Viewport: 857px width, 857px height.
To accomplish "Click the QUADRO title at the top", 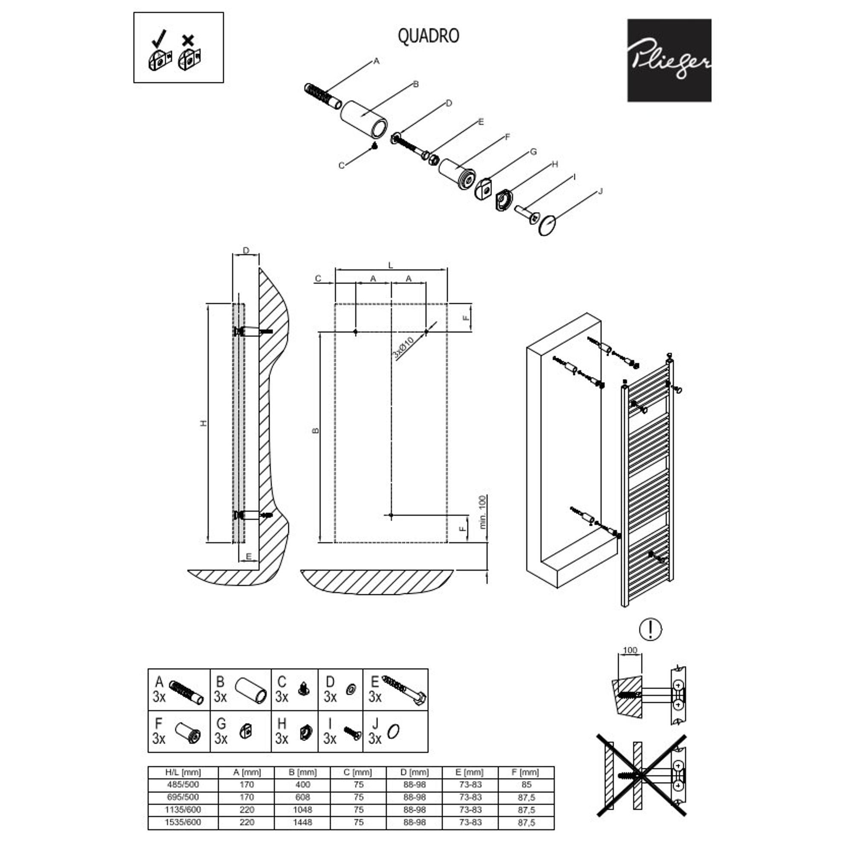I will [x=428, y=36].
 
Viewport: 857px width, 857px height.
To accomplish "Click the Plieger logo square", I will [x=668, y=60].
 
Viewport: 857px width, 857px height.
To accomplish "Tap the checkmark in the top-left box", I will [x=159, y=38].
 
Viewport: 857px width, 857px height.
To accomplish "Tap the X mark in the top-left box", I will [x=188, y=40].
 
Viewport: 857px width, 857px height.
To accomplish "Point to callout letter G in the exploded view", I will [x=533, y=152].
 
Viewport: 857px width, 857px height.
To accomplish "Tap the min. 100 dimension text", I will [x=483, y=512].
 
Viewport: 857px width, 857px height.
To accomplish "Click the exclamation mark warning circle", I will [x=650, y=629].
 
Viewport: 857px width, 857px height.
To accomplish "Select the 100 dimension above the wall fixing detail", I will [x=630, y=650].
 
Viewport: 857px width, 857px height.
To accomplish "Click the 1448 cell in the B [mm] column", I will [x=303, y=822].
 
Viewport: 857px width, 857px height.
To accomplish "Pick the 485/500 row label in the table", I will [x=183, y=784].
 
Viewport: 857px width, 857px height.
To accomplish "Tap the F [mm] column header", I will [x=526, y=772].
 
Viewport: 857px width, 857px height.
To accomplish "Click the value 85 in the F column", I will [x=526, y=784].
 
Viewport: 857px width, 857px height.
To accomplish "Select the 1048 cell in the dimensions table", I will [x=303, y=809].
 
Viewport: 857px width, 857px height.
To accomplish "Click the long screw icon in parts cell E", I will [x=404, y=691].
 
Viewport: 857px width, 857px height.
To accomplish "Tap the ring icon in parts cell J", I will [x=393, y=731].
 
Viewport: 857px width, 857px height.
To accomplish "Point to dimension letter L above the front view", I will [x=390, y=266].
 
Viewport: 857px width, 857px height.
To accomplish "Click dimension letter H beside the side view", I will [x=204, y=423].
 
